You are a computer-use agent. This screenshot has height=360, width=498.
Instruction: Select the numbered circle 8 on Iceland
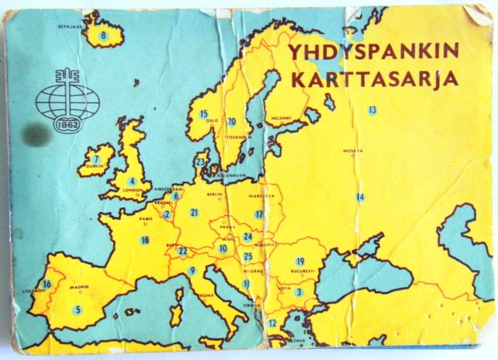[104, 36]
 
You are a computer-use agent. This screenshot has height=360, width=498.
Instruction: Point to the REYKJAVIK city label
[70, 27]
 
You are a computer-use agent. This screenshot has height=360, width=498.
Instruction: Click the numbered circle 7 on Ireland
[96, 159]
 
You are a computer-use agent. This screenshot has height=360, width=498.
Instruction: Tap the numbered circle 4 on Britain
[132, 182]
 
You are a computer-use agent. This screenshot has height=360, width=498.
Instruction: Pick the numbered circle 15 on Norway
[204, 114]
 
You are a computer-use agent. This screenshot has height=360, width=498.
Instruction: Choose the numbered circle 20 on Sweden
[232, 121]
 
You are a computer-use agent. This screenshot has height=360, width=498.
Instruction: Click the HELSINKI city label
[281, 118]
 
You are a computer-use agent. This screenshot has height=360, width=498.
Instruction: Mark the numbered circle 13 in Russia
[372, 110]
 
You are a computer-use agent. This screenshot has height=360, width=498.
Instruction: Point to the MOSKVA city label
[352, 151]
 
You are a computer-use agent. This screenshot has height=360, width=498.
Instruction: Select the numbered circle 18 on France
[145, 240]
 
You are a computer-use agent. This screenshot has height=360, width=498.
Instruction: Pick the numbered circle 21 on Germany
[194, 212]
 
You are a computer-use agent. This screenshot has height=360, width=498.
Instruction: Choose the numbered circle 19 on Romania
[300, 261]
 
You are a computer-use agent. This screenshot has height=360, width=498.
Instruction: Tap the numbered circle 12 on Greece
[272, 323]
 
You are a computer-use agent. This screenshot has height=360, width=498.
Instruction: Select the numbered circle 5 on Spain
[78, 308]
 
